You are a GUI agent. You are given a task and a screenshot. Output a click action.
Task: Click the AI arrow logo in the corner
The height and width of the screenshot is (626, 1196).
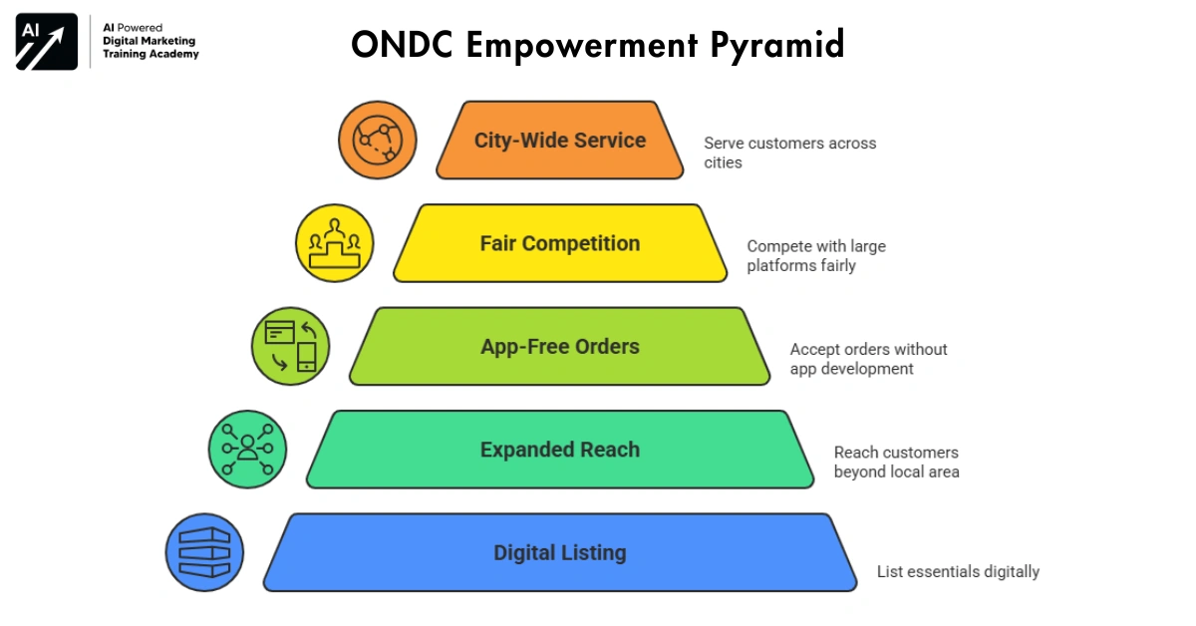coord(46,42)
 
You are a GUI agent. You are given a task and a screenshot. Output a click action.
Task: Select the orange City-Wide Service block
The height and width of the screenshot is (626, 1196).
coord(560,141)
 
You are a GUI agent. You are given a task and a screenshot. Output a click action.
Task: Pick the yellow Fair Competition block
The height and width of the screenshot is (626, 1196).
coord(560,244)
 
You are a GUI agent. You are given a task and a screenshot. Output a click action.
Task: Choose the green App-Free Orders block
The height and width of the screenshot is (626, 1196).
coord(560,347)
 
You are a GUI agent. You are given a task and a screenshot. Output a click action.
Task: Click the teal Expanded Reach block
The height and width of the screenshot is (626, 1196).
coord(560,450)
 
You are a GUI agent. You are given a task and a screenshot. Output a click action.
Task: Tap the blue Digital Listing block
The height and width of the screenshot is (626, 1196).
coord(560,553)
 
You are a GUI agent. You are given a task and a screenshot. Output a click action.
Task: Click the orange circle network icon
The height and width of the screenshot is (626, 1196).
coord(377,141)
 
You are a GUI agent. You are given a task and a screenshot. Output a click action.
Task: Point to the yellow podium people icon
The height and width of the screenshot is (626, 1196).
coord(334,244)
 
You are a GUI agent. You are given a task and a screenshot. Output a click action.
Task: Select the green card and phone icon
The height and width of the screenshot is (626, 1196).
coord(290,347)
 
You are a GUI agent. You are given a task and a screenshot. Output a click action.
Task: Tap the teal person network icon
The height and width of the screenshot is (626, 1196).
coord(247,450)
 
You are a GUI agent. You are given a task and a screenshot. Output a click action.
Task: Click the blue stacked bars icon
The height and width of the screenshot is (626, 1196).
coord(204,553)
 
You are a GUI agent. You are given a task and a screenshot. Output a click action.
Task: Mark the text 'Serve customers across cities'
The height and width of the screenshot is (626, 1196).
coord(789,153)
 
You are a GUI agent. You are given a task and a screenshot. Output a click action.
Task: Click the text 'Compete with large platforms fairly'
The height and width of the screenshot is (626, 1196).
coord(816,256)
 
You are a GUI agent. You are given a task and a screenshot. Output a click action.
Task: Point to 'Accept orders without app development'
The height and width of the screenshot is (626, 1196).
coord(868,359)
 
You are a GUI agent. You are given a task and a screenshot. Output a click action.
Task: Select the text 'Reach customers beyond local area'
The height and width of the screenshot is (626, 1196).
coord(896,462)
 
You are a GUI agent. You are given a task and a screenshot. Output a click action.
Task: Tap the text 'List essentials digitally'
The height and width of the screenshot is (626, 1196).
coord(958,572)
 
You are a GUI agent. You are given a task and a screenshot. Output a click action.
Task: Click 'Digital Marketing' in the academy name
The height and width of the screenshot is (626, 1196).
coord(149,41)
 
